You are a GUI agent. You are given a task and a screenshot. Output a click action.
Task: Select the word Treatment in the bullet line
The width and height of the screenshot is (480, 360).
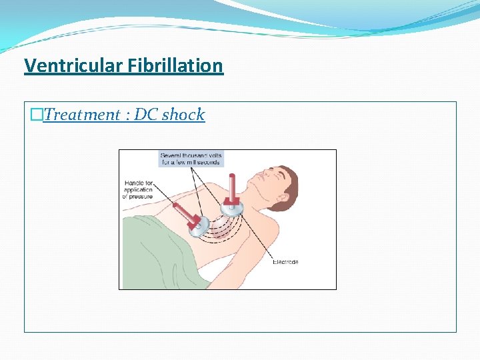coord(81,115)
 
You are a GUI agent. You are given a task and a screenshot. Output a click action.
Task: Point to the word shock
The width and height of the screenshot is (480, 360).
coord(183,115)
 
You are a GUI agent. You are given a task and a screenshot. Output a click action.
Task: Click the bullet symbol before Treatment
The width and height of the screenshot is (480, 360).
coord(36,115)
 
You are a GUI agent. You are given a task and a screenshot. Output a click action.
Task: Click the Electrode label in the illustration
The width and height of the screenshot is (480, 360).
coord(285,262)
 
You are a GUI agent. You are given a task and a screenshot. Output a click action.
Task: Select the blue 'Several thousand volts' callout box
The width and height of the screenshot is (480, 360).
coord(191,159)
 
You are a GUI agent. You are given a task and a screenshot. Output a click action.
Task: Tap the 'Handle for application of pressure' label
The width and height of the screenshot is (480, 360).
coord(138,190)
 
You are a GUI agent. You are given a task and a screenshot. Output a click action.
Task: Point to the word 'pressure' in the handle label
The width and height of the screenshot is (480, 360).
coord(138,197)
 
